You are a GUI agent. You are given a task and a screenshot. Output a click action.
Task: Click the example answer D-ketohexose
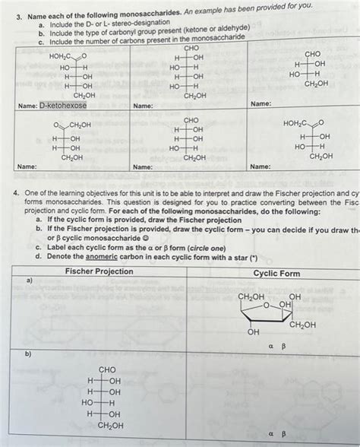pyautogui.click(x=64, y=105)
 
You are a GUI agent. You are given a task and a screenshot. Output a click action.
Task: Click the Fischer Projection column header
pyautogui.click(x=99, y=271)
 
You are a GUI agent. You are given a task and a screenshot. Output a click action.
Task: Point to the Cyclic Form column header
pyautogui.click(x=276, y=273)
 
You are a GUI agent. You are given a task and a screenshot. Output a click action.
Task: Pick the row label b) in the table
pyautogui.click(x=29, y=355)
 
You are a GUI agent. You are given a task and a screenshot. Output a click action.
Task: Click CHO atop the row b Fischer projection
pyautogui.click(x=107, y=370)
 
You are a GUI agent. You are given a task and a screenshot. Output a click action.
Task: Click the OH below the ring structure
pyautogui.click(x=253, y=332)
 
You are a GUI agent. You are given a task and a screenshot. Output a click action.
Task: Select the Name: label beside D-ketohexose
pyautogui.click(x=27, y=105)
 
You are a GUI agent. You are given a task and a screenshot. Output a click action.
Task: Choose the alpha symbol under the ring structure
pyautogui.click(x=270, y=346)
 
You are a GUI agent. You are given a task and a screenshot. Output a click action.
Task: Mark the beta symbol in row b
pyautogui.click(x=283, y=434)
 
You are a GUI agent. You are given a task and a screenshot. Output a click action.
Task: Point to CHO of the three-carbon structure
pyautogui.click(x=312, y=55)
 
